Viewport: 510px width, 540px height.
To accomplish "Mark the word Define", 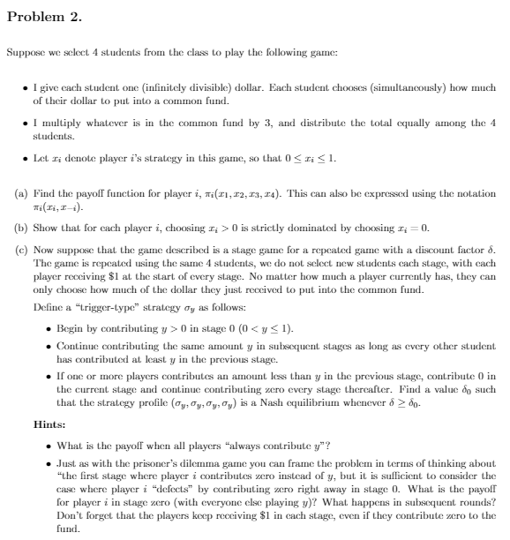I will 44,311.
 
